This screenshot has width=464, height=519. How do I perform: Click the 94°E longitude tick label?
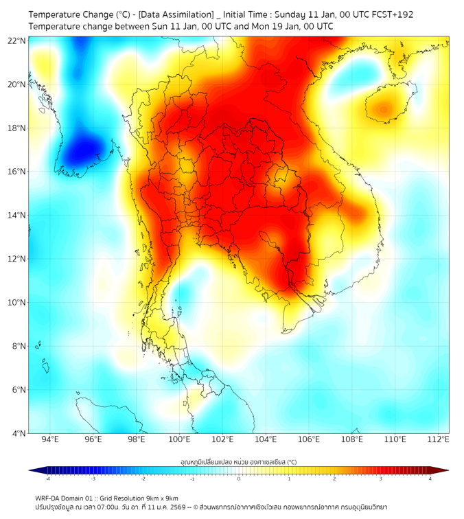(x=50, y=439)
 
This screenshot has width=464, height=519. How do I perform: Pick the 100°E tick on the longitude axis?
(x=180, y=439)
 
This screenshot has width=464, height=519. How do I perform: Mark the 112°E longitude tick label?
(x=438, y=439)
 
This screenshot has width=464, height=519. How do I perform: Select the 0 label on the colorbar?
(x=239, y=478)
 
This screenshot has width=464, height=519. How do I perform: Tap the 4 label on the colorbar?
(x=430, y=478)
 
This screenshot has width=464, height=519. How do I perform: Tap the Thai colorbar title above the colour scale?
(x=238, y=462)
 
